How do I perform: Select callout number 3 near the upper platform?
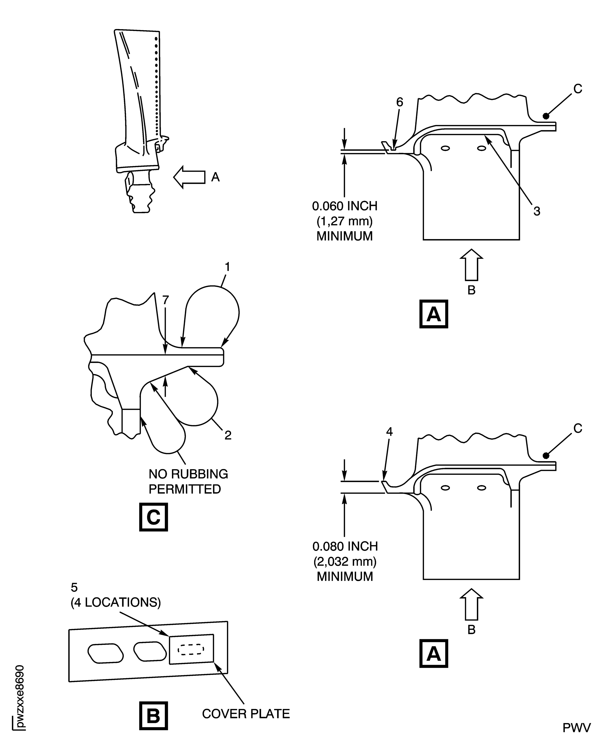click(x=537, y=211)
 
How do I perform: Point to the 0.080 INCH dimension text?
click(x=345, y=546)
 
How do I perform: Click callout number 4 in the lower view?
click(x=389, y=432)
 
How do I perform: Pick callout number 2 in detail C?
click(x=228, y=435)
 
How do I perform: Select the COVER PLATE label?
click(x=246, y=713)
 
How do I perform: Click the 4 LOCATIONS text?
click(x=116, y=602)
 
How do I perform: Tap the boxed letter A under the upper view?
click(x=433, y=314)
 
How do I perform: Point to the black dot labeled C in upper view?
click(x=546, y=116)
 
